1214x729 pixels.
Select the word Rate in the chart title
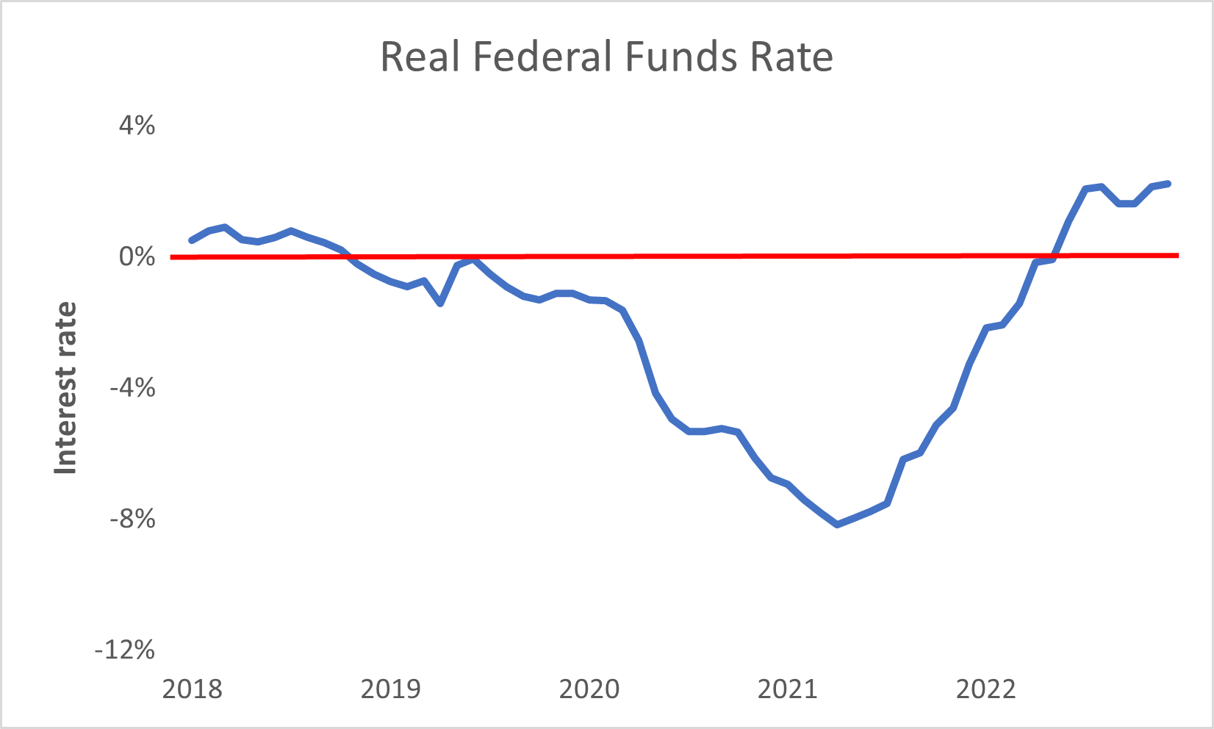(x=791, y=57)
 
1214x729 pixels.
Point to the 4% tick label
(x=137, y=126)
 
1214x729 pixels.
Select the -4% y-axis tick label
(x=133, y=388)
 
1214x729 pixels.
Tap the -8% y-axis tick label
(x=133, y=519)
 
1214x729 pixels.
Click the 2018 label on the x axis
(x=192, y=689)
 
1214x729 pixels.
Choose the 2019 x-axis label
(x=390, y=689)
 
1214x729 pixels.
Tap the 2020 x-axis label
(x=589, y=689)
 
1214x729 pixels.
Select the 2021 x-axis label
(x=787, y=689)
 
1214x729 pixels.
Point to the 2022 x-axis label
(x=985, y=689)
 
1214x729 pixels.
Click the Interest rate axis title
(x=66, y=388)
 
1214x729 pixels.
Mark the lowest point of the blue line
(x=837, y=524)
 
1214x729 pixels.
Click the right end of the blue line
(x=1168, y=184)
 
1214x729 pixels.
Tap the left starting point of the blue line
(x=192, y=240)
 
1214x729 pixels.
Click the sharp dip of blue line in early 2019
(x=440, y=303)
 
